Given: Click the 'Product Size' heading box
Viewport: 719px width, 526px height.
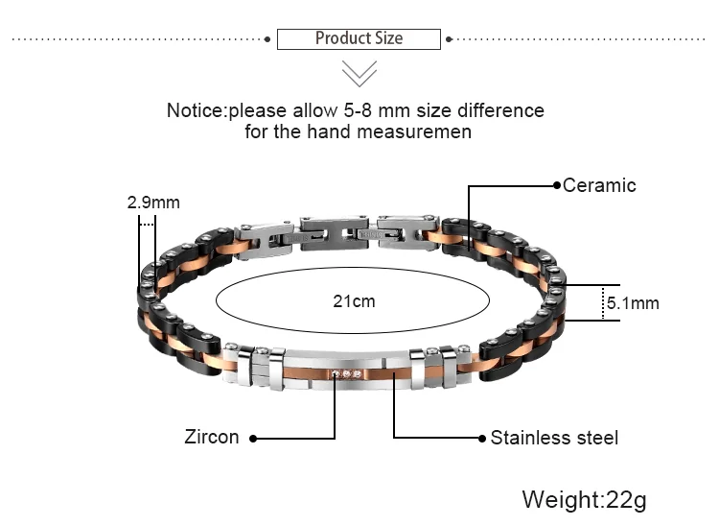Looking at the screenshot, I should point(359,39).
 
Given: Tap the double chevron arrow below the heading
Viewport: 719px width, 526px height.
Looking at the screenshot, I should point(359,74).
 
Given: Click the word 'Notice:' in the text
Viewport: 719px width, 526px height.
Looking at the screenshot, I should point(197,110).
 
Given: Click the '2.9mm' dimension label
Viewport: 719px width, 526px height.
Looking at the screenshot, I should point(153,203).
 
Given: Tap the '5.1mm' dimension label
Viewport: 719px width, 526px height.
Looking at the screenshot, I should point(633,303).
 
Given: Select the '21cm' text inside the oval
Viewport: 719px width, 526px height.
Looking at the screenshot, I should point(354,301).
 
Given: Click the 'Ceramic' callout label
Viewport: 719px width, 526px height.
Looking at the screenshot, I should point(599,185).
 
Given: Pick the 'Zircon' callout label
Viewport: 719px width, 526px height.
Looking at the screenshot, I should point(212,438).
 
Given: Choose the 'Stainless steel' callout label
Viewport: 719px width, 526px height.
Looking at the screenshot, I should point(554,438).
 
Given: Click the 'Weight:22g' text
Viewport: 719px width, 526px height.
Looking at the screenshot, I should point(585,500).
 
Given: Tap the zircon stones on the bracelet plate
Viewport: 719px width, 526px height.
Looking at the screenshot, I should point(346,374).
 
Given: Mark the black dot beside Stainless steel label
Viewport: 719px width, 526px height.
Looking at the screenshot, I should point(482,439).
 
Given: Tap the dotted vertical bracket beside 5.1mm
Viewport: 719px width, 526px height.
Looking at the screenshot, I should point(601,303).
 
